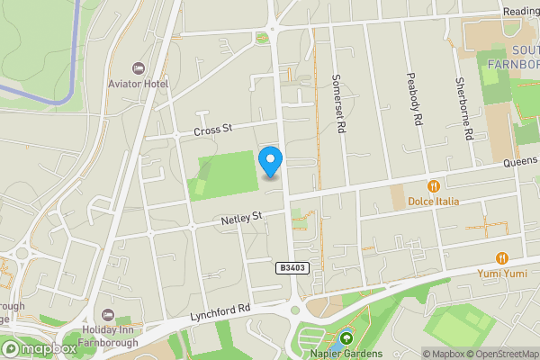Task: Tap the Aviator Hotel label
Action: (x=138, y=84)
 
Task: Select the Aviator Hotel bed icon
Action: (x=138, y=68)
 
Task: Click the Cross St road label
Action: (x=213, y=131)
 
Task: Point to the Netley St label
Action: (x=240, y=217)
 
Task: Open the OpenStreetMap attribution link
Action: (x=501, y=354)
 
